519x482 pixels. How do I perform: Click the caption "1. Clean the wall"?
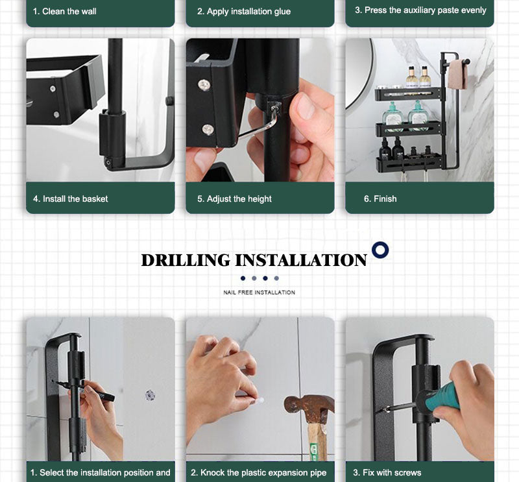(64, 11)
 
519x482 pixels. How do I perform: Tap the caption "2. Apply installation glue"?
(244, 12)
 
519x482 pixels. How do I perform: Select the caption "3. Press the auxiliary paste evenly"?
(420, 10)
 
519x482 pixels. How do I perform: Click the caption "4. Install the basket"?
(71, 199)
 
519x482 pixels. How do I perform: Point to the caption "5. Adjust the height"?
(234, 199)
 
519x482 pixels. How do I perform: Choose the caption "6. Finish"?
(380, 199)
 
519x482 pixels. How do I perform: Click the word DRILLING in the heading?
(186, 260)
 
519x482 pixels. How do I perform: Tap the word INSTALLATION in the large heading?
(301, 260)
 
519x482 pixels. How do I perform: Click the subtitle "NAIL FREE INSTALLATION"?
(259, 293)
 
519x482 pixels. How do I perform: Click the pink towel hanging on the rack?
(457, 75)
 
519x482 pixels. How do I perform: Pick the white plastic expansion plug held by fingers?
(259, 400)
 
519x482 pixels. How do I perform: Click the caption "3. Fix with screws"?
(387, 472)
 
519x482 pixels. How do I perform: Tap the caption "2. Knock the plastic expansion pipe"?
(258, 473)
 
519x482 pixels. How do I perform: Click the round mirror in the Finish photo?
(359, 74)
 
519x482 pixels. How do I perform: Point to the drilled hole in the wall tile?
(151, 395)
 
